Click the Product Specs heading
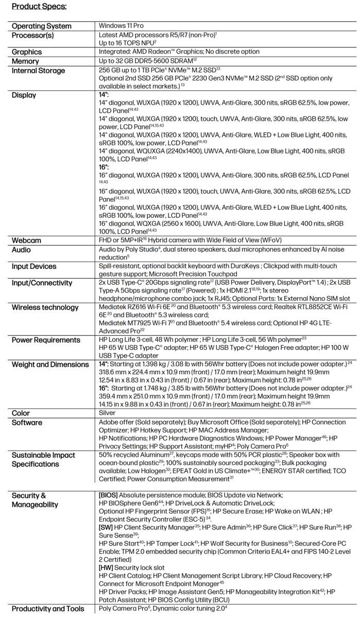coord(39,7)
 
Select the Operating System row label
coord(42,26)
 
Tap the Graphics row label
coord(27,52)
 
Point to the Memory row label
coord(26,61)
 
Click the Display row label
coord(24,95)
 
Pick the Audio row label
coord(21,250)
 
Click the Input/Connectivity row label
coord(43,283)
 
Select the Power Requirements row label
coord(46,340)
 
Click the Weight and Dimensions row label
coord(50,365)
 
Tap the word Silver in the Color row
coord(107,413)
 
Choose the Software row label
coord(26,422)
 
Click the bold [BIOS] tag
coord(109,495)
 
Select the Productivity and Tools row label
coord(48,609)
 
